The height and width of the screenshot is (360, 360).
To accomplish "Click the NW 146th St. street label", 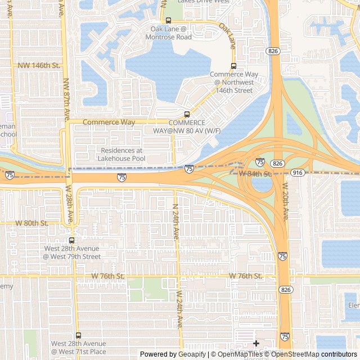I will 39,65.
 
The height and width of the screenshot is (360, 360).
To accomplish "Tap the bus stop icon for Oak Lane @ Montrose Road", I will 168,21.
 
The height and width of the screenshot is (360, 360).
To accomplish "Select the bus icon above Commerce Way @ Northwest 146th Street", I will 234,66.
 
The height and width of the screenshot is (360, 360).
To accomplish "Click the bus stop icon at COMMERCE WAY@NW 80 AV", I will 187,114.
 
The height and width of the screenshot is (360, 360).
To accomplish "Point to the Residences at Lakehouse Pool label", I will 121,155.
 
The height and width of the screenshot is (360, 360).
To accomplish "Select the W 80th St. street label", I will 31,223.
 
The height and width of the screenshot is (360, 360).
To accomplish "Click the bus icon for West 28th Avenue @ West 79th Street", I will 71,240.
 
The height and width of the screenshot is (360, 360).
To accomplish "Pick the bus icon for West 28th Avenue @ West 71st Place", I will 78,335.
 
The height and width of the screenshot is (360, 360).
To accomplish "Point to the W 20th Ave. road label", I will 285,200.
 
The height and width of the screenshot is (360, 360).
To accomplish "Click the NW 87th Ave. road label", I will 66,99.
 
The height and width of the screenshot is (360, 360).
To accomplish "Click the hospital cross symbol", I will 256,343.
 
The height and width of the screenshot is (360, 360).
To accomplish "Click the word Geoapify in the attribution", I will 192,354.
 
